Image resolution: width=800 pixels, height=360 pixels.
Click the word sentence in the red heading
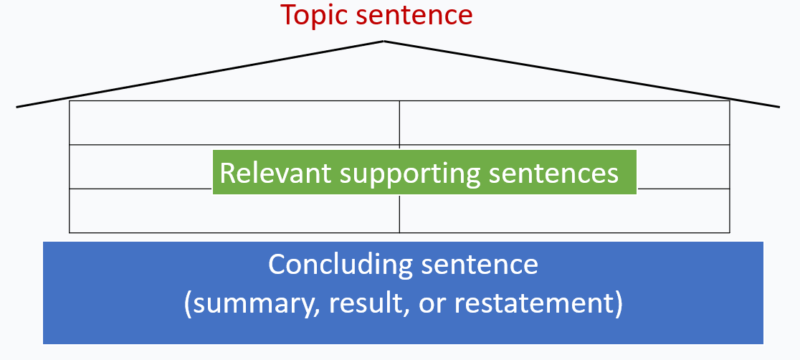[x=414, y=15]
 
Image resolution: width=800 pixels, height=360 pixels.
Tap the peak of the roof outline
[x=384, y=42]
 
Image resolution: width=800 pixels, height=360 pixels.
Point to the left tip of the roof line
[x=16, y=107]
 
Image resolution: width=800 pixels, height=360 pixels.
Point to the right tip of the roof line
[x=779, y=107]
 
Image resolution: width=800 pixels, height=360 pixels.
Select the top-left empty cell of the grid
[x=234, y=123]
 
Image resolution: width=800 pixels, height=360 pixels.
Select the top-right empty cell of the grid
[x=564, y=123]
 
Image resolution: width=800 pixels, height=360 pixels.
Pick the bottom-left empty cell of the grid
[x=234, y=211]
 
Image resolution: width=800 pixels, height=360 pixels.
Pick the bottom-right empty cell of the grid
[x=564, y=211]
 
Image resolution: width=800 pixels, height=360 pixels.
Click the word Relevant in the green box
[x=276, y=173]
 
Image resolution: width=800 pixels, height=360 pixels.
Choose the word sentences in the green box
[x=553, y=174]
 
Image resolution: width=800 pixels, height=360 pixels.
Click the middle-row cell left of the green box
[x=141, y=167]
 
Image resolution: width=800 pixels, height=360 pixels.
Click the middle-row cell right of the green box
[x=683, y=167]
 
